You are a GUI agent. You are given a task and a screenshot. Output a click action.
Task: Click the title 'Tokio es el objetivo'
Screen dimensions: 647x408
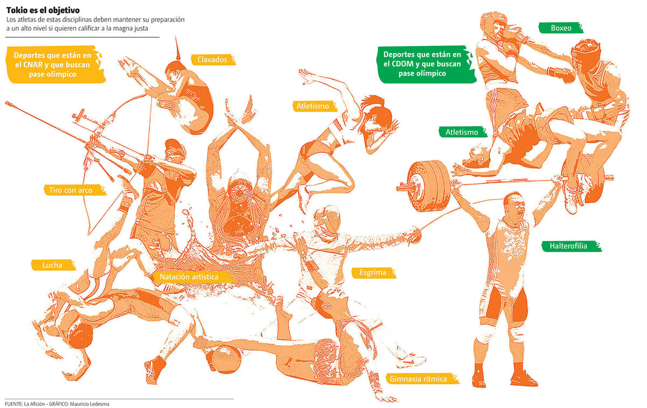point(43,10)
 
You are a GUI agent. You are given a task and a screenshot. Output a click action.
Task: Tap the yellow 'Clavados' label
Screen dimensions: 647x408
point(213,59)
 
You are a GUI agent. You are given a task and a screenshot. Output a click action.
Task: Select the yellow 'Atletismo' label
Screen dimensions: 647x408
point(314,106)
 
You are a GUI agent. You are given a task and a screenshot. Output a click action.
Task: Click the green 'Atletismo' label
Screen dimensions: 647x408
point(463,132)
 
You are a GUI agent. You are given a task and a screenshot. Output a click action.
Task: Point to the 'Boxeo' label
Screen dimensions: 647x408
point(561,27)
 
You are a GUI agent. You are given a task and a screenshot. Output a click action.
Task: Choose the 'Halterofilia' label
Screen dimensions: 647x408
point(571,246)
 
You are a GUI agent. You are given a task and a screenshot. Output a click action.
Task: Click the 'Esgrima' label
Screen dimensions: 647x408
point(373,273)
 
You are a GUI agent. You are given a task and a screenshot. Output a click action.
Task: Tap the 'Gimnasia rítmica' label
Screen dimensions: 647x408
point(422,378)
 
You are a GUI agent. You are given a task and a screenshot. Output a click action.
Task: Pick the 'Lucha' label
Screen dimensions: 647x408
point(53,265)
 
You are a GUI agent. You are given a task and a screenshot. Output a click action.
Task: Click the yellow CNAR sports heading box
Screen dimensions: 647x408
point(54,64)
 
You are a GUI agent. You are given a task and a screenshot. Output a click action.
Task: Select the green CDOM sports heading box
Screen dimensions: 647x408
point(425,64)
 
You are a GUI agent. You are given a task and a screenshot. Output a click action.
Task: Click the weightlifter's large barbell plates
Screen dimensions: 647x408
point(429,186)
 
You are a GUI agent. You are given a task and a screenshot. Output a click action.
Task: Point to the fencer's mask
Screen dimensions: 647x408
point(328,220)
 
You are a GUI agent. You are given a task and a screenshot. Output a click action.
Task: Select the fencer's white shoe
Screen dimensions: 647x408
point(411,361)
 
